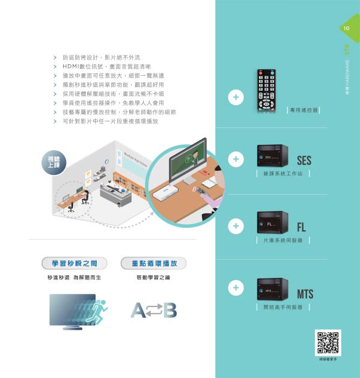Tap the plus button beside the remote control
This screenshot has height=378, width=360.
coord(236,97)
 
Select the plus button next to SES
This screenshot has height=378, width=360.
coord(236,159)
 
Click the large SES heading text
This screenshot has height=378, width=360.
coord(304,161)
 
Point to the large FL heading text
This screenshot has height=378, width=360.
coord(302,228)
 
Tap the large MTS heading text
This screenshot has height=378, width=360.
coord(305,294)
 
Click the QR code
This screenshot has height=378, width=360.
coord(328,342)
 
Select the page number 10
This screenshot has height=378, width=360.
coord(347,28)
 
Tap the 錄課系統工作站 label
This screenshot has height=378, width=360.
coord(282,174)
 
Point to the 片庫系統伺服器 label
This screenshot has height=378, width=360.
coord(283,240)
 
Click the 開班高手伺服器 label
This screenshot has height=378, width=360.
coord(283,307)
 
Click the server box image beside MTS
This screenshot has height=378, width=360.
coord(272,289)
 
